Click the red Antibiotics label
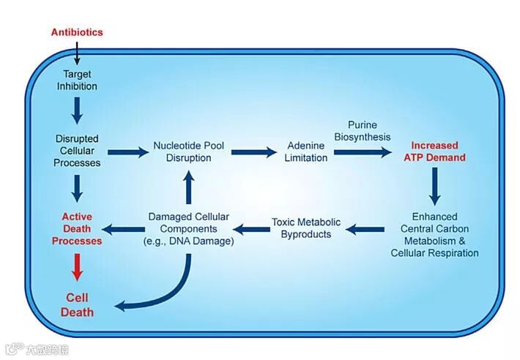coord(77,32)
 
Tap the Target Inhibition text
coord(77,80)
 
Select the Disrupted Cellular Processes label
coord(77,150)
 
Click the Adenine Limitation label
coord(306,151)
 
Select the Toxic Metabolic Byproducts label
coord(305,228)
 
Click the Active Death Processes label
coord(77,228)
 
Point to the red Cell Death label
coord(77,305)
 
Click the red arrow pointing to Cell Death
coord(77,266)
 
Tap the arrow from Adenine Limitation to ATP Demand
coord(362,152)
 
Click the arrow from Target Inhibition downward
coord(77,110)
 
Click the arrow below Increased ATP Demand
coord(435,186)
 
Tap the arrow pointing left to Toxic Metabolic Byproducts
coord(365,229)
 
